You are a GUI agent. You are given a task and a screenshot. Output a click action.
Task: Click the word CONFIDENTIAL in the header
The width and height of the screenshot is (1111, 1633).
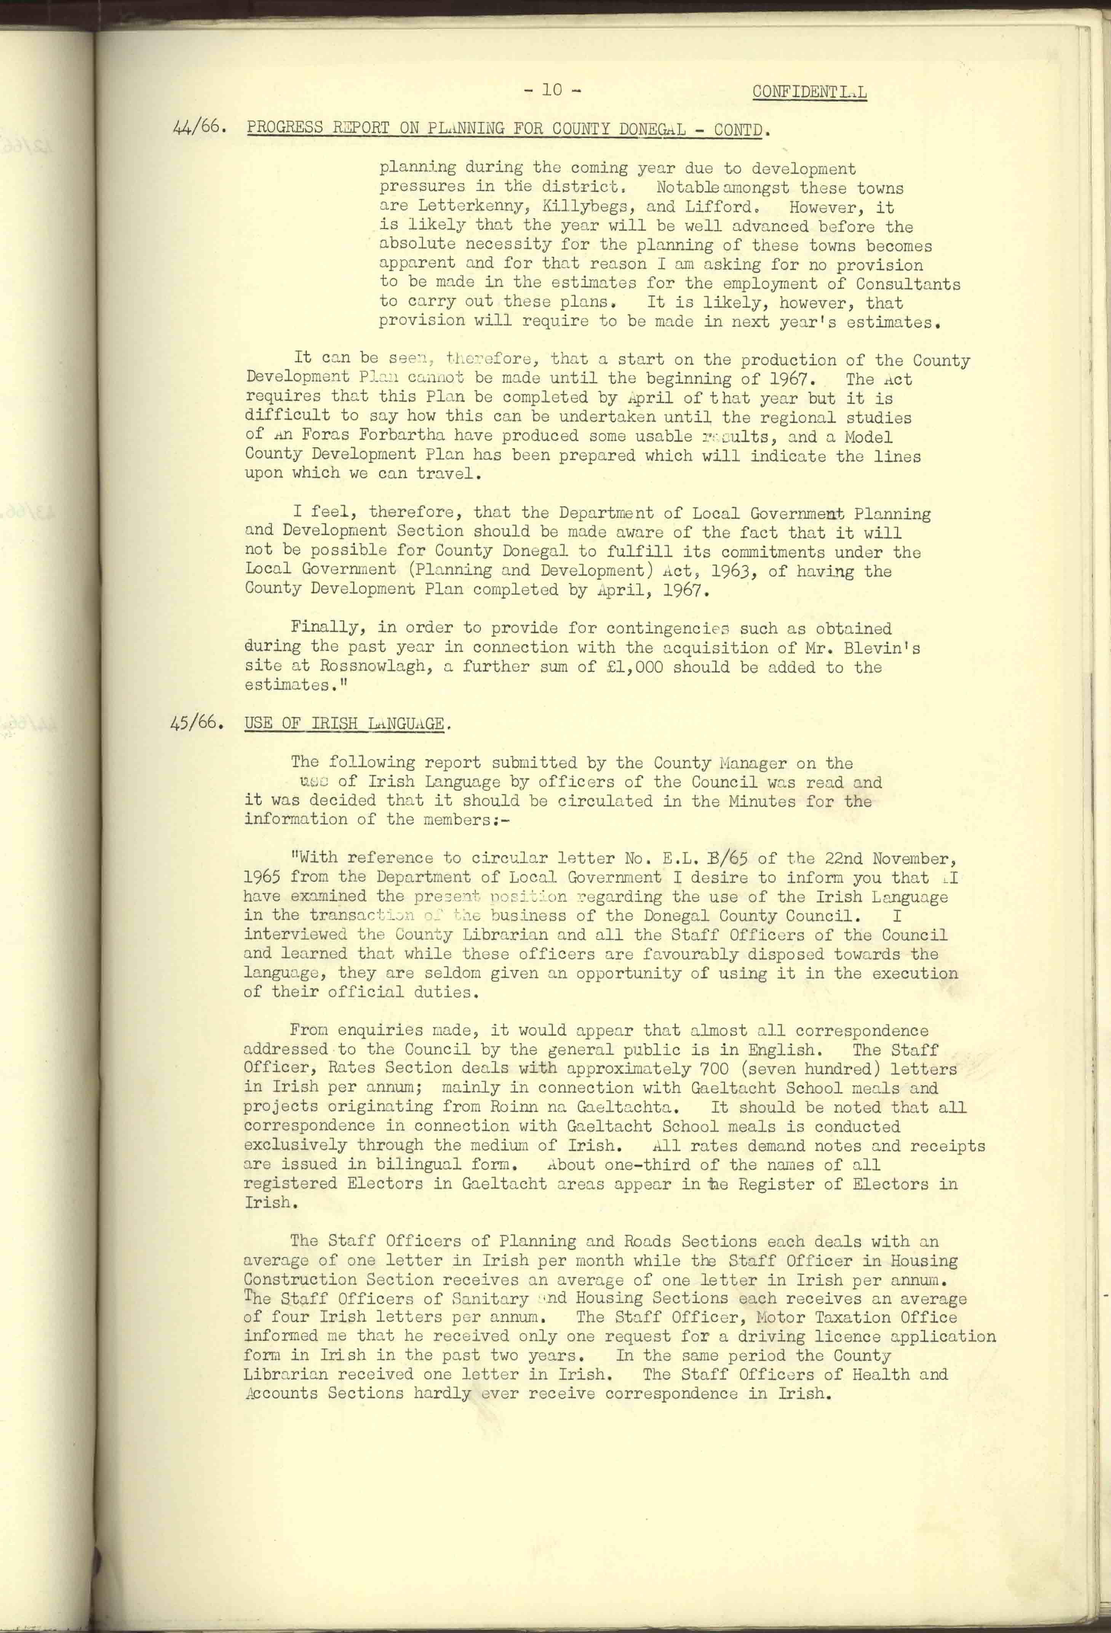tap(809, 92)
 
